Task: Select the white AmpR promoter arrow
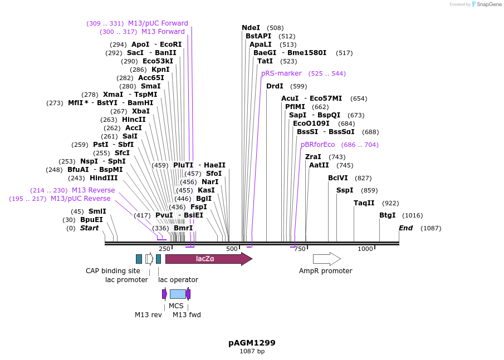(326, 259)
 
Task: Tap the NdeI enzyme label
(251, 28)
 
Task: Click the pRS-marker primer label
(281, 73)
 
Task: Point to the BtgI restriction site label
(387, 215)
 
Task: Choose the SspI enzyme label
(345, 190)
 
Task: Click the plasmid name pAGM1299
(252, 343)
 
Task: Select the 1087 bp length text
(252, 352)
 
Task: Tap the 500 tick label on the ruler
(232, 249)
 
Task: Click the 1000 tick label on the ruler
(365, 249)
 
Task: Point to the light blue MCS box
(178, 294)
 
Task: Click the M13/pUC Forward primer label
(158, 23)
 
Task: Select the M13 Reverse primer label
(93, 190)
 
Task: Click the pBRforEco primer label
(318, 145)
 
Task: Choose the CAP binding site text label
(113, 271)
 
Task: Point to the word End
(405, 228)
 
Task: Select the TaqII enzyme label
(364, 203)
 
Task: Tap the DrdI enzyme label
(275, 86)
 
